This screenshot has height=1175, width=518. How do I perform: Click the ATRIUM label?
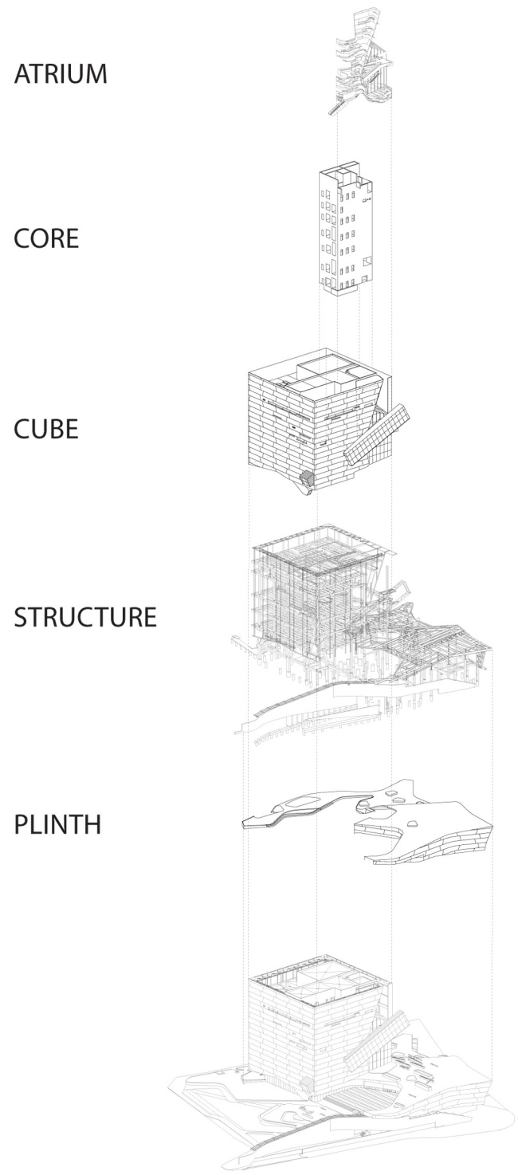[x=60, y=76]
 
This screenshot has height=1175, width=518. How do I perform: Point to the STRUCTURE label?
[x=84, y=617]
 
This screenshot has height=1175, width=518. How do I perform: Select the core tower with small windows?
[x=345, y=231]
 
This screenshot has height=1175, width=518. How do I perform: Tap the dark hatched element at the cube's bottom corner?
[x=306, y=479]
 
